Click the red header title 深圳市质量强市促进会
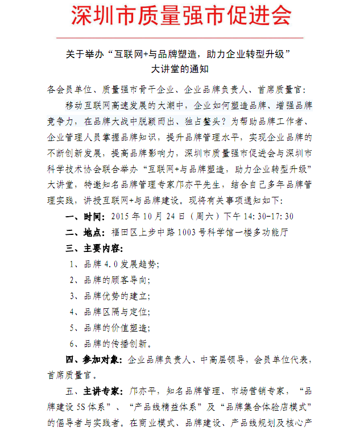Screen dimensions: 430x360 click(180, 16)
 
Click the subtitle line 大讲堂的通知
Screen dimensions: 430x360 click(180, 71)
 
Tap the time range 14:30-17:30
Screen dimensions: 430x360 click(270, 217)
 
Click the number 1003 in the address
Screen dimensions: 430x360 click(190, 232)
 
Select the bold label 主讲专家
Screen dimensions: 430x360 click(102, 391)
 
